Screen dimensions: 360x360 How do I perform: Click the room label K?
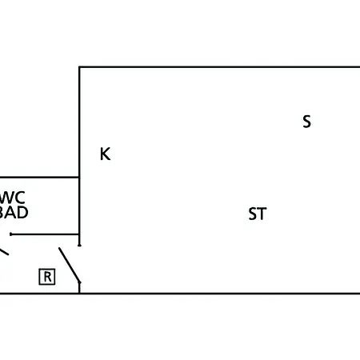pos(105,154)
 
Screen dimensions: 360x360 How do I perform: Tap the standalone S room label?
pos(306,122)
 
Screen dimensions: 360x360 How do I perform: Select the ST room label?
pos(258,214)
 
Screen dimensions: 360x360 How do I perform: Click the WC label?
pos(12,198)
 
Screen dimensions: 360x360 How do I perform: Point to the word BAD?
pos(14,212)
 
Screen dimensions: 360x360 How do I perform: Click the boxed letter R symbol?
pos(47,277)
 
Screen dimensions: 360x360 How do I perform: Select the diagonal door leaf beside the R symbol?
pos(70,265)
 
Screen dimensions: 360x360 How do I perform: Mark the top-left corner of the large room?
pos(79,67)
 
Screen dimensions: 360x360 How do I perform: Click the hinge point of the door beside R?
pos(79,282)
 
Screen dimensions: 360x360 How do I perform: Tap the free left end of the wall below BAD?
pos(11,234)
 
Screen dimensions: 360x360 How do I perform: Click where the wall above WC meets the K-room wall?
pos(79,177)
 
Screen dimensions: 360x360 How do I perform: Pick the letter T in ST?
pos(262,214)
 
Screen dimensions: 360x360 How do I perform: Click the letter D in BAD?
pos(23,212)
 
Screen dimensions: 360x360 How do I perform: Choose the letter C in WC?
pos(20,198)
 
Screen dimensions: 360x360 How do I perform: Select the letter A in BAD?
pos(12,212)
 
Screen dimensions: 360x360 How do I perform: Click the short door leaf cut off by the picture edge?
pos(4,252)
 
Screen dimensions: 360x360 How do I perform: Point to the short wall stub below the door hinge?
pos(79,288)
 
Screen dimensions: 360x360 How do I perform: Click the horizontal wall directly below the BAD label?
pos(45,234)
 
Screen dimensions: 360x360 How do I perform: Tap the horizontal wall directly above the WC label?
pos(39,177)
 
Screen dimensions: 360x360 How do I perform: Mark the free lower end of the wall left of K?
pos(79,245)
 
